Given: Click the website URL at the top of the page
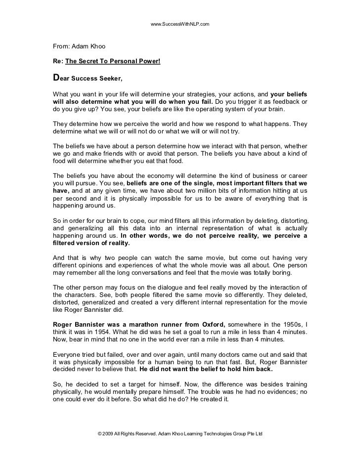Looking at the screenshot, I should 180,24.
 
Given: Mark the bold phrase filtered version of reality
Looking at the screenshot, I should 91,243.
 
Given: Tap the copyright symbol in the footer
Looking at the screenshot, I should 101,433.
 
